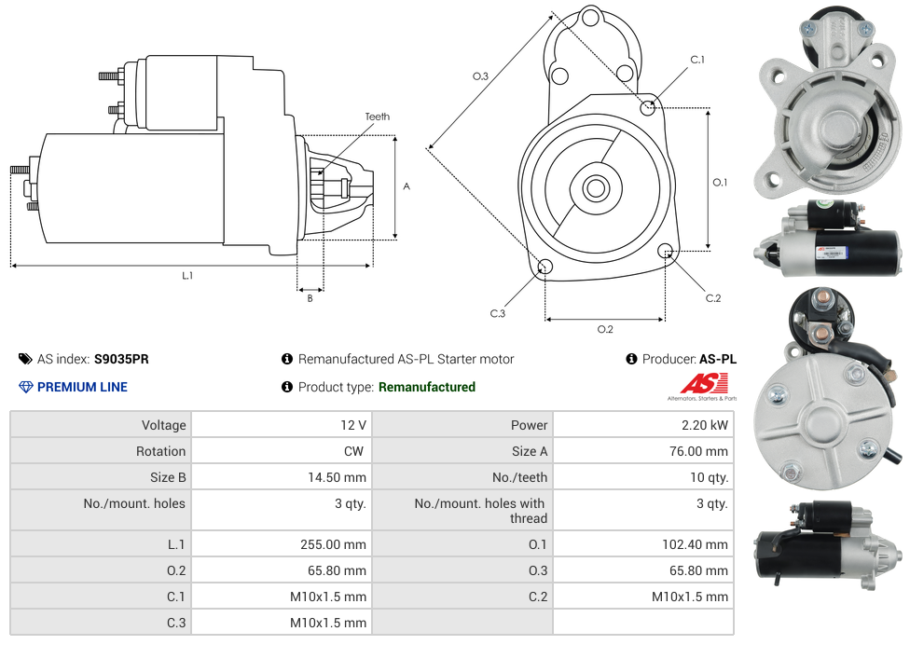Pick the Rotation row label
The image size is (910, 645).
coord(160,451)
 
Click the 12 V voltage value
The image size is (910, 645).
coord(353,425)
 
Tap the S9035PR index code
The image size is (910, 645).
coord(121,359)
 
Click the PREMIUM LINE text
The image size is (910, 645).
coord(82,387)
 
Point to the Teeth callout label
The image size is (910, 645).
coord(378,117)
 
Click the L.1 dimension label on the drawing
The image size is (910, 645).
coord(187,275)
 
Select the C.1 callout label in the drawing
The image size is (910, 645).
coord(697,60)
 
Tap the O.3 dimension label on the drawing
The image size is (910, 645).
coord(480,76)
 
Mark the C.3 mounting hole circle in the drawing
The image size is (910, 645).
coord(545,268)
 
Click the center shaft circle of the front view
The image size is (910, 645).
coord(595,188)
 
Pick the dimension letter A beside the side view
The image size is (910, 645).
coord(407,186)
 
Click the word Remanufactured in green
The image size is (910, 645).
coord(427,387)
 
